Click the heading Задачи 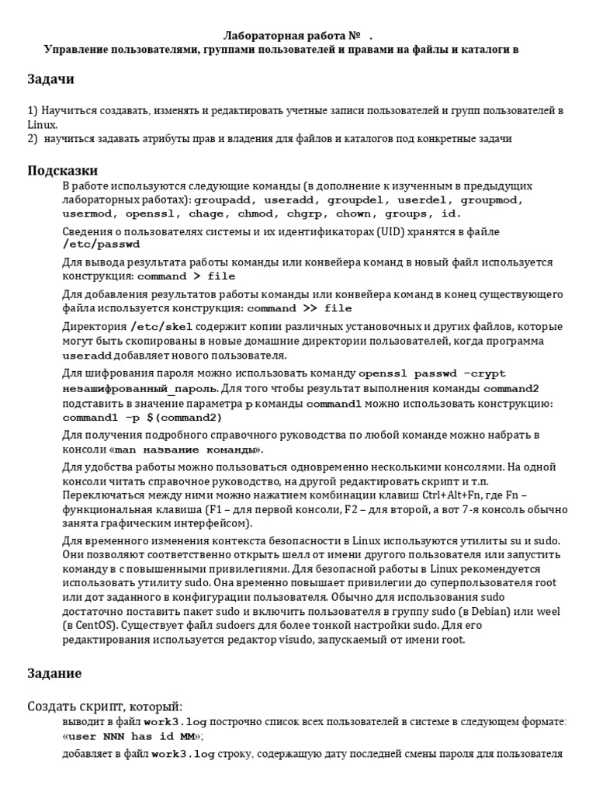coord(50,79)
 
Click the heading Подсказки coord(63,170)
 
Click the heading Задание coord(54,672)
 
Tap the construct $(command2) coord(182,417)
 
